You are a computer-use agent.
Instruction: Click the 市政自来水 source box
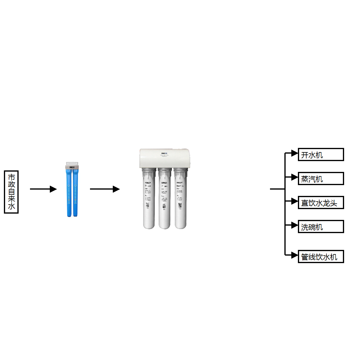11,192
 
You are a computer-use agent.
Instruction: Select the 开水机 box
321,154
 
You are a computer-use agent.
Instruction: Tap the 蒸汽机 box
321,178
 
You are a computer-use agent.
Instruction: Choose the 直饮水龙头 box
321,202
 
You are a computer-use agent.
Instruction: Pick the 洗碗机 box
321,226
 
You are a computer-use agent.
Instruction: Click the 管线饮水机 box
321,256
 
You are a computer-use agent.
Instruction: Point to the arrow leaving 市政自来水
43,189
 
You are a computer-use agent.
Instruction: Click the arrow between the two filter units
105,189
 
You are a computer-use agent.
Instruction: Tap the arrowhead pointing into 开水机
295,153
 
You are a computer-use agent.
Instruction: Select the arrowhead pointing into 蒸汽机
295,177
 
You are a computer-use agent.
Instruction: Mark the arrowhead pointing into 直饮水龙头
295,201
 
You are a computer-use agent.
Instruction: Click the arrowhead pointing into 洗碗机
295,225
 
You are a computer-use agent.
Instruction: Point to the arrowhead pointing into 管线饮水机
295,255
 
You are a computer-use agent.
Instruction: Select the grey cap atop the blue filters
72,166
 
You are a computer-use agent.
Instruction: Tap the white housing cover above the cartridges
165,158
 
